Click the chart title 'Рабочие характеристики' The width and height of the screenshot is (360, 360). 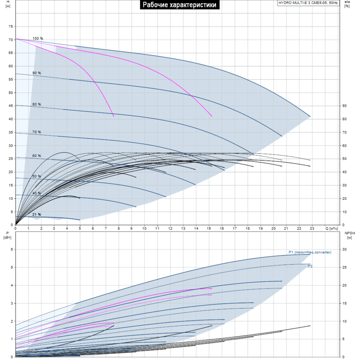180,4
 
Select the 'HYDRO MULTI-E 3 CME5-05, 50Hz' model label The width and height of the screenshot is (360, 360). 308,3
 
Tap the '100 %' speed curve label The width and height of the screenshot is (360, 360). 38,38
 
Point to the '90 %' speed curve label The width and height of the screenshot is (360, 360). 36,73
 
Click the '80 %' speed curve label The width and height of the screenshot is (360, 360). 36,104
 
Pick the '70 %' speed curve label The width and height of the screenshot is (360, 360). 36,132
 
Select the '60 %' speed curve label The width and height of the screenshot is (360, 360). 36,156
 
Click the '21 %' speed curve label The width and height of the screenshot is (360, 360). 36,215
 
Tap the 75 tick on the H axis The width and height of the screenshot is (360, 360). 10,27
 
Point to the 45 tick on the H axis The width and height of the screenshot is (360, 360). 10,106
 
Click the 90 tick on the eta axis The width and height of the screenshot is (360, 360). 344,106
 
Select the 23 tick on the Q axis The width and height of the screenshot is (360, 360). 312,229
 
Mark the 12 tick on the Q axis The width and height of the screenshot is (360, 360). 170,229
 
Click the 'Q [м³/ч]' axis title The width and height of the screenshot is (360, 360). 332,229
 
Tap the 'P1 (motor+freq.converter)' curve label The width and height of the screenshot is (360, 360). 310,252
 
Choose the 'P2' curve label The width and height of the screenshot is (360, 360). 310,266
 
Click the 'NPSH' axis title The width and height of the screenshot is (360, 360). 350,233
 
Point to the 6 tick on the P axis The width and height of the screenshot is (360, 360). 12,249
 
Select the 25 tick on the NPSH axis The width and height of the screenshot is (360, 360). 344,267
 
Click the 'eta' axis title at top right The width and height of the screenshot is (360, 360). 347,2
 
